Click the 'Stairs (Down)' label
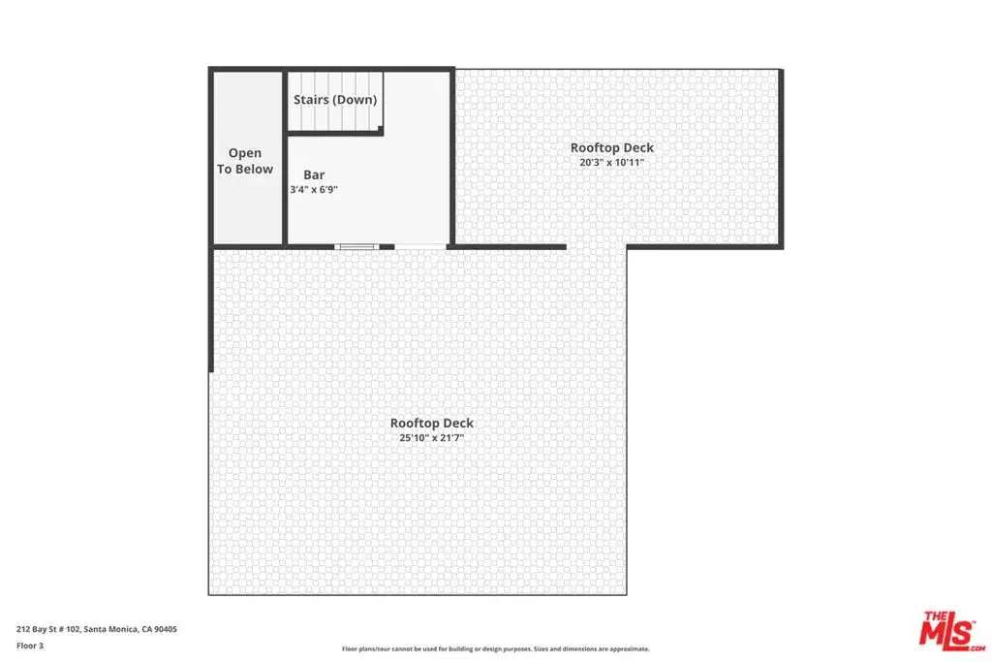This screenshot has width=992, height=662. [334, 100]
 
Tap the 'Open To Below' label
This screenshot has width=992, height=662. [245, 161]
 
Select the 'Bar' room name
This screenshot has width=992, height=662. [314, 174]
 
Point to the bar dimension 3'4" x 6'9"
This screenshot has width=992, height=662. [314, 189]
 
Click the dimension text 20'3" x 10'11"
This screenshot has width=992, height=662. [612, 162]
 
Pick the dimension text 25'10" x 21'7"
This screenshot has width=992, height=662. [431, 437]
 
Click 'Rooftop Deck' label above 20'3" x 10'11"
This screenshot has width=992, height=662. [612, 147]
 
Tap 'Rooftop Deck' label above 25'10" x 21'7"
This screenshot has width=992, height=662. [431, 423]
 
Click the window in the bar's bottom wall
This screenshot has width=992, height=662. [356, 246]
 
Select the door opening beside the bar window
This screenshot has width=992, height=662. [420, 246]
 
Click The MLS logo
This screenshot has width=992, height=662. [952, 631]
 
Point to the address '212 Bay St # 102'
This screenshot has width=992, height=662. [48, 629]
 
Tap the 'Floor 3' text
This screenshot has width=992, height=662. [30, 646]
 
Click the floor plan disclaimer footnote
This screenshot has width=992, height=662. [495, 648]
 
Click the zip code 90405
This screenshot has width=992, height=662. [166, 629]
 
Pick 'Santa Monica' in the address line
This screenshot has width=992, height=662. [110, 629]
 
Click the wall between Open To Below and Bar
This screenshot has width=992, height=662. [285, 157]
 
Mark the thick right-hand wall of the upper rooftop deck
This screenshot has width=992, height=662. [781, 158]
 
